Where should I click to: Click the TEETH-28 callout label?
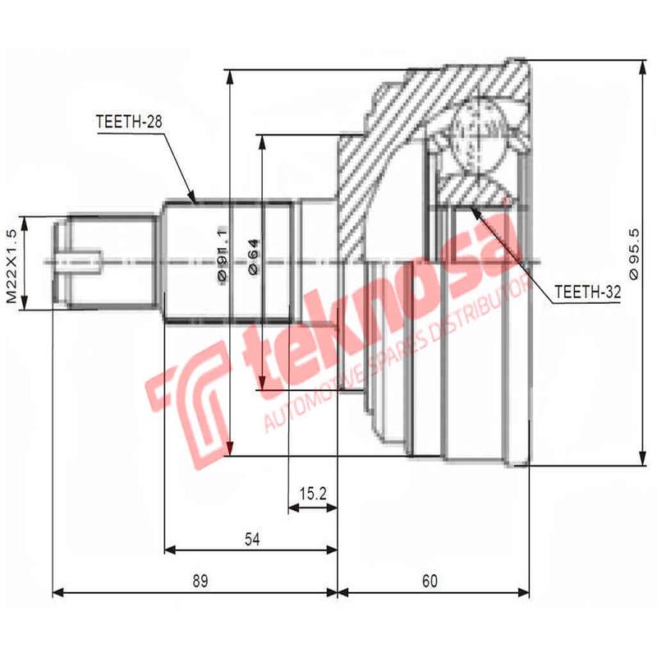[130, 122]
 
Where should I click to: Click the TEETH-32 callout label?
[587, 292]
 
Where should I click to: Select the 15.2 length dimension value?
[313, 494]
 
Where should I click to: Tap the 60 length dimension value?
[430, 581]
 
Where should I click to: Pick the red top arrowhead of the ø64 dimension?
[261, 140]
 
